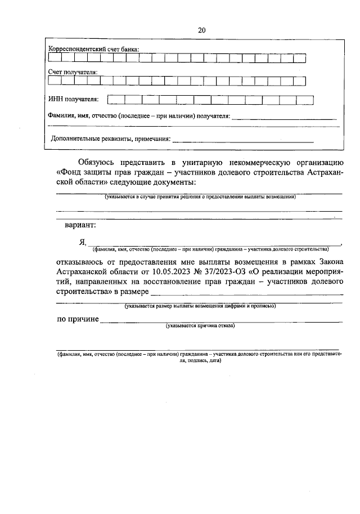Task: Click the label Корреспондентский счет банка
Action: pyautogui.click(x=93, y=50)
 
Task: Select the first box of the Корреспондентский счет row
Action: pyautogui.click(x=55, y=58)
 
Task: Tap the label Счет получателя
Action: pyautogui.click(x=73, y=72)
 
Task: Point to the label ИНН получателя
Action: pyautogui.click(x=74, y=100)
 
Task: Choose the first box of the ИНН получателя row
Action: pyautogui.click(x=116, y=100)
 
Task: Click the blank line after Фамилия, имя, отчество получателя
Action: pyautogui.click(x=284, y=118)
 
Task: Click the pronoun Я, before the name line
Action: pyautogui.click(x=82, y=242)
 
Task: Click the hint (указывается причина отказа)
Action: pyautogui.click(x=200, y=326)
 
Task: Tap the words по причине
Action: pyautogui.click(x=78, y=319)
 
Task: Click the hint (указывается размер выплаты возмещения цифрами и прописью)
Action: pyautogui.click(x=200, y=307)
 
